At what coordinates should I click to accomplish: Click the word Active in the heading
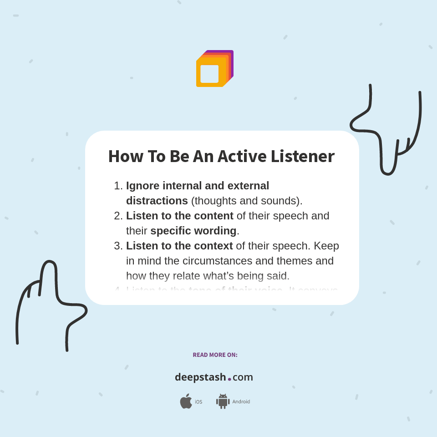[x=242, y=156]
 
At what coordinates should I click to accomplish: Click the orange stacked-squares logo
[x=214, y=69]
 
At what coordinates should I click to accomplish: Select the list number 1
[x=118, y=186]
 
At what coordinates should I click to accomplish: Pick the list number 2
[x=118, y=216]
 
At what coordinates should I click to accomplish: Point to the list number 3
[x=118, y=246]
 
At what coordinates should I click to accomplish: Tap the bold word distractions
[x=157, y=201]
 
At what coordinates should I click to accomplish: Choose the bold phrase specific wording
[x=193, y=231]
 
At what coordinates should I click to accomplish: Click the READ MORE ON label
[x=215, y=355]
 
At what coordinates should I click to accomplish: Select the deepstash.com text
[x=214, y=377]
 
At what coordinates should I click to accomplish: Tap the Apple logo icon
[x=186, y=401]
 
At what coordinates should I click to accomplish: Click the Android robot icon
[x=223, y=401]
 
